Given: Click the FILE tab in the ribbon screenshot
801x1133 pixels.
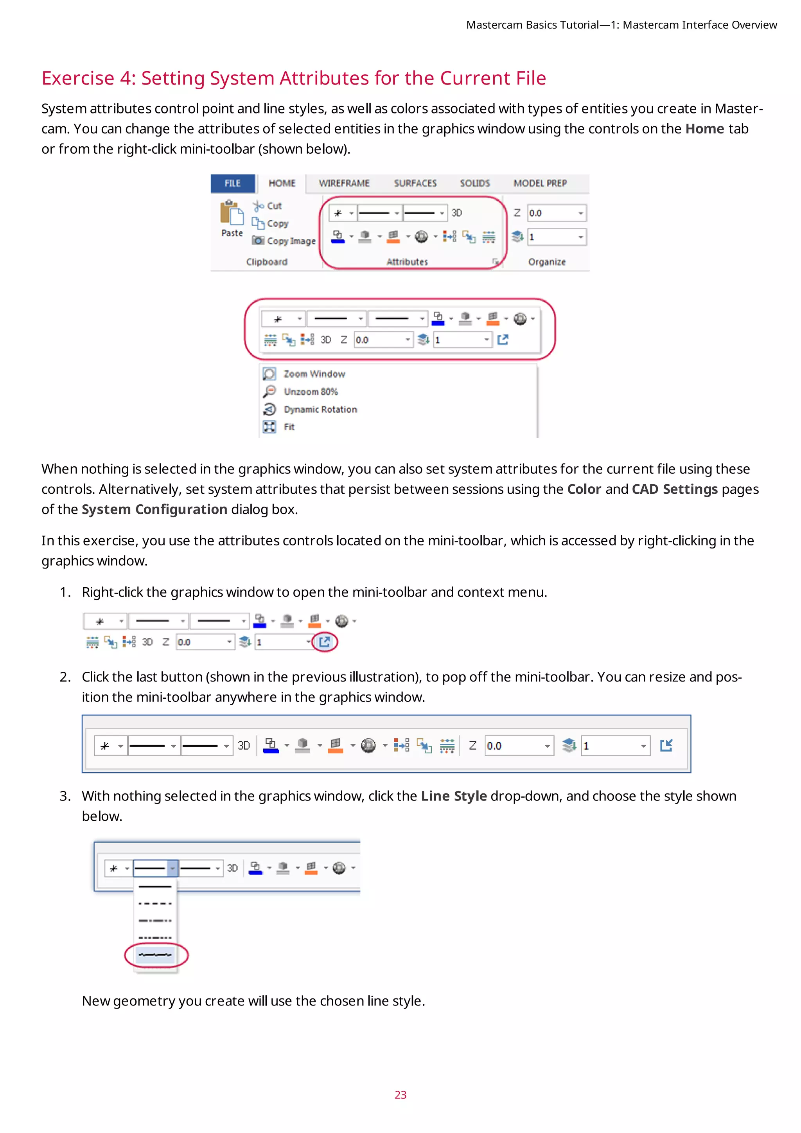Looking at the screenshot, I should (232, 183).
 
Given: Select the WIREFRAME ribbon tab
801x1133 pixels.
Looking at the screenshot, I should (344, 183).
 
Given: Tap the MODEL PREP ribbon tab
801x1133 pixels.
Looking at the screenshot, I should (540, 183).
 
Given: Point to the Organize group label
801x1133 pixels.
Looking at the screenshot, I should (546, 262).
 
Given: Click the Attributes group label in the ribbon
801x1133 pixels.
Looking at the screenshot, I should (407, 262).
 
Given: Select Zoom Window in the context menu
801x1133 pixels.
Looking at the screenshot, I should (314, 374).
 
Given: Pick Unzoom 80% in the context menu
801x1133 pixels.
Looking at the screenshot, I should (310, 391).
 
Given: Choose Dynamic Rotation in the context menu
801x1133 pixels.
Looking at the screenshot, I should (320, 409).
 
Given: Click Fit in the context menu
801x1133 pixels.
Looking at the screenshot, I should (289, 427).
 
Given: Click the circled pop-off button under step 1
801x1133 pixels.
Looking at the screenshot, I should (325, 642).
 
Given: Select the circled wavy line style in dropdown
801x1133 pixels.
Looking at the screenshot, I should (155, 955).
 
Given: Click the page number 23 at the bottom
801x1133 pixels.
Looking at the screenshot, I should (400, 1095).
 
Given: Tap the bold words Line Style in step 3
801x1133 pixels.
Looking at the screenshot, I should (453, 796).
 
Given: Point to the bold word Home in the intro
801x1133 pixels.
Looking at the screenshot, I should (704, 129).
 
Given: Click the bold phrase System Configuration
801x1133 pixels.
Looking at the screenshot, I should (154, 509).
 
